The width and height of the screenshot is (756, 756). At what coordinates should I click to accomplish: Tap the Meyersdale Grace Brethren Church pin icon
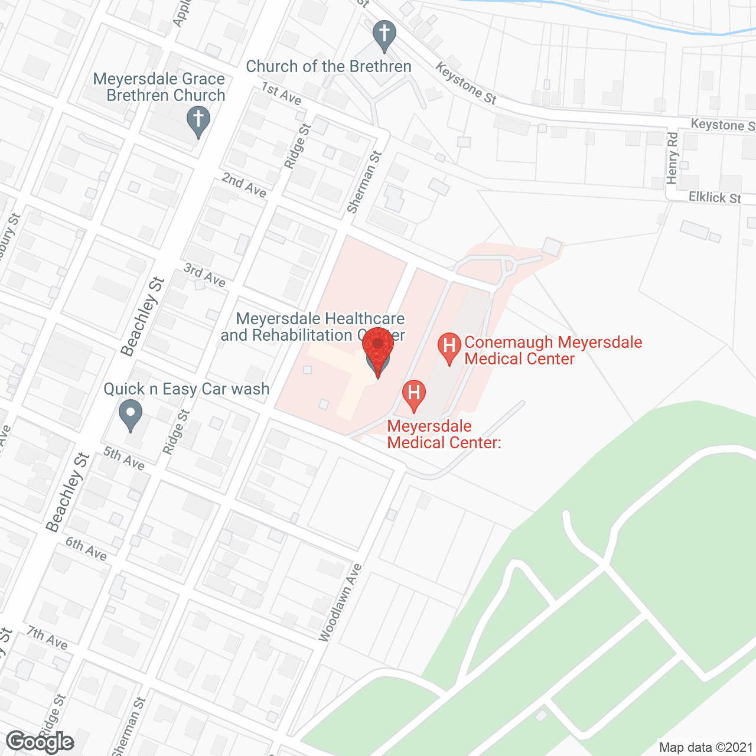198,120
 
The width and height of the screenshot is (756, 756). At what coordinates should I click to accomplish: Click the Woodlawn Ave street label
341,603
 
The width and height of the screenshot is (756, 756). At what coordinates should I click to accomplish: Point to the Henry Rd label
673,158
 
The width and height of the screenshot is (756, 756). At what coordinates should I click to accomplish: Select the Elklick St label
715,197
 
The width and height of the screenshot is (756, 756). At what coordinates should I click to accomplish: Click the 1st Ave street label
282,93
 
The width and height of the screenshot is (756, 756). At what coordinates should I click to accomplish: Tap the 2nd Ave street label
244,185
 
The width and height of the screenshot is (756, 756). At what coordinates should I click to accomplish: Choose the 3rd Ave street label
205,275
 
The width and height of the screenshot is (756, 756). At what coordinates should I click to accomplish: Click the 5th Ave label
124,458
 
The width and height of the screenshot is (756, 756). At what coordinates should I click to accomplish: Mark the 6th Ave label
86,549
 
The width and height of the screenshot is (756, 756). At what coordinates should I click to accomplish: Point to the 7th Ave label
47,638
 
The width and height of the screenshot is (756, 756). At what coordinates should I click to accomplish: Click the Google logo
40,742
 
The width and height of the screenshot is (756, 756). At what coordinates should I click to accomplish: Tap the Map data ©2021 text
706,747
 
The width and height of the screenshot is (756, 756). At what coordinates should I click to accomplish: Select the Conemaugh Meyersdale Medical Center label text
552,350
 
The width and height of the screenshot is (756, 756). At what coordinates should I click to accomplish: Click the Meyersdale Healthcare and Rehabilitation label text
312,327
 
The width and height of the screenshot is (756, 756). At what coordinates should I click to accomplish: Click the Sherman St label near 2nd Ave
364,182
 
